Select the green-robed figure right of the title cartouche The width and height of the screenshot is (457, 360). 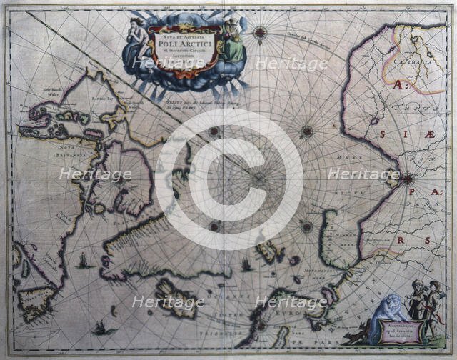pyautogui.click(x=233, y=39)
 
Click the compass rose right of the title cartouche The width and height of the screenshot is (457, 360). pyautogui.click(x=259, y=32)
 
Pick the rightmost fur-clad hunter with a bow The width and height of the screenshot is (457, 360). pyautogui.click(x=432, y=300)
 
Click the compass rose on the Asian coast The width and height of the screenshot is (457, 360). pyautogui.click(x=406, y=179)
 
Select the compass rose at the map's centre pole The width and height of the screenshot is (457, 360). pyautogui.click(x=259, y=179)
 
